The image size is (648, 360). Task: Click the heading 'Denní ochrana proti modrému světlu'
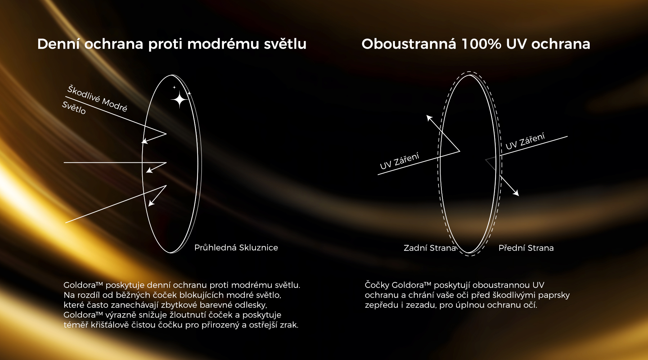coord(172,44)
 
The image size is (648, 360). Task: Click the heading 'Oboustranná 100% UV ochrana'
coord(476,44)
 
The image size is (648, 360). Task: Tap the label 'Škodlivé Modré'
coord(97,98)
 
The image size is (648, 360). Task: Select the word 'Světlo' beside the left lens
coord(74,108)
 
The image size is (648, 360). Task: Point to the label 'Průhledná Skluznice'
coord(236,248)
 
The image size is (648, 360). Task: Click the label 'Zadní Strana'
coord(430,248)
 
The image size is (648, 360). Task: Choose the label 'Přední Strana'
coord(526,248)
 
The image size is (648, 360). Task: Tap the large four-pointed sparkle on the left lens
coord(179,99)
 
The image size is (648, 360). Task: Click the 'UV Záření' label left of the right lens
coord(400,161)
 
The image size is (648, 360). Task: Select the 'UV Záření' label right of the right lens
coord(525,141)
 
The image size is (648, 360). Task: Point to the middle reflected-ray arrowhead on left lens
coord(149,170)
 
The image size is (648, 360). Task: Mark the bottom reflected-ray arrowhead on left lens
coord(152,203)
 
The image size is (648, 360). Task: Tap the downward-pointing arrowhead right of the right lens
coord(516,193)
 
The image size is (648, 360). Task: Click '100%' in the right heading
coord(481,44)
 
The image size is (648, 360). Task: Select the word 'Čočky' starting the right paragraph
coord(377,285)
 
